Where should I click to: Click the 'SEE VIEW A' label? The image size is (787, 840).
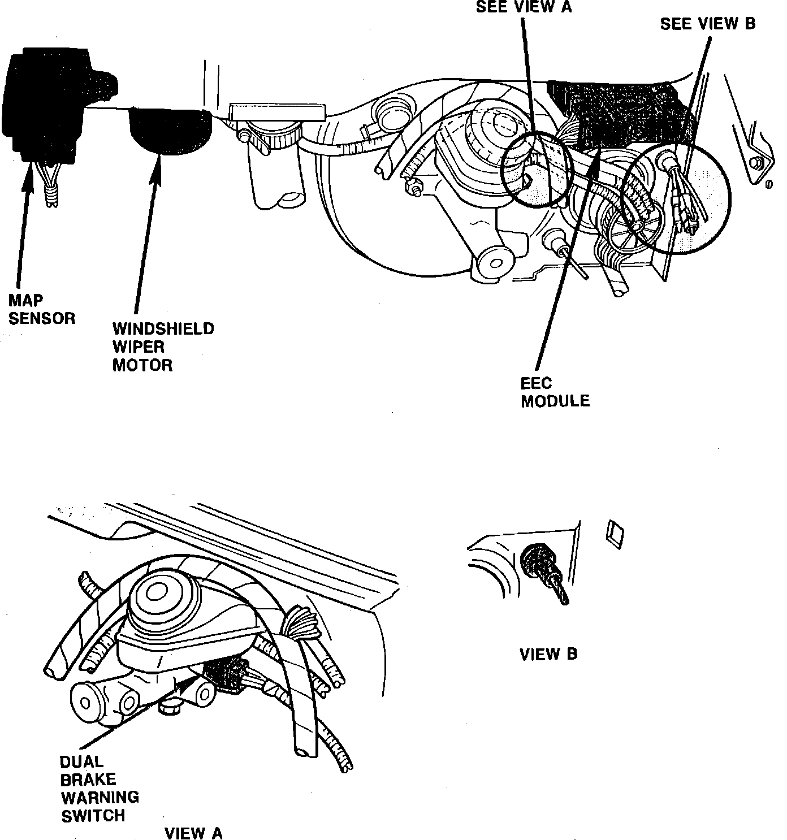pos(524,7)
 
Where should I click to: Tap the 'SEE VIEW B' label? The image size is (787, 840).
pos(707,24)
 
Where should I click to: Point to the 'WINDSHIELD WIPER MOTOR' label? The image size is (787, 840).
pos(163,347)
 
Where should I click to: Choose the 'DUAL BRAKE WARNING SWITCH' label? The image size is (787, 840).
pos(100,789)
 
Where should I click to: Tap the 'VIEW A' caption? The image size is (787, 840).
pos(193,832)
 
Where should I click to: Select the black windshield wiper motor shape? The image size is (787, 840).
pos(170,129)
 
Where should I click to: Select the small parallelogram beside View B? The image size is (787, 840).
pos(614,533)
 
